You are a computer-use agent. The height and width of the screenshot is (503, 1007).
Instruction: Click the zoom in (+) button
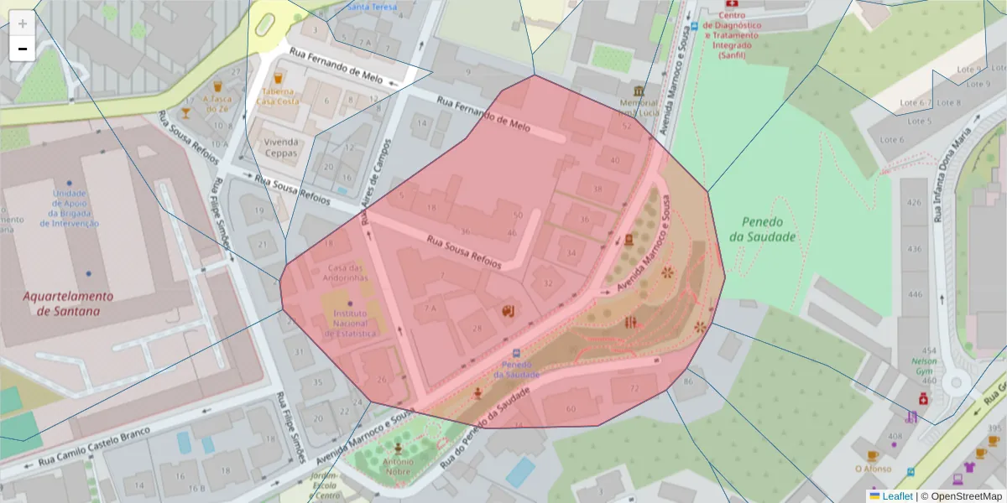(23, 23)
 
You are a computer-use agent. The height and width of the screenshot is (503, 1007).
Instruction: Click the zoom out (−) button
(23, 49)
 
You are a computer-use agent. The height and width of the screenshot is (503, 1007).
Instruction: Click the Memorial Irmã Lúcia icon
(639, 91)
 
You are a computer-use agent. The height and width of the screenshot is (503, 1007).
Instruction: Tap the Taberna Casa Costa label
(278, 96)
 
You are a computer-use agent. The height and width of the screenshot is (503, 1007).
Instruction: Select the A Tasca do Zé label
(216, 103)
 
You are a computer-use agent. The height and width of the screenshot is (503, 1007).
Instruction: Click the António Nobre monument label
(398, 466)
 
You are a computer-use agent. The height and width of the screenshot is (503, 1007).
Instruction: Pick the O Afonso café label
(872, 469)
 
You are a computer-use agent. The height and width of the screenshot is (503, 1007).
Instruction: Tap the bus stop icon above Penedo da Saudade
(515, 353)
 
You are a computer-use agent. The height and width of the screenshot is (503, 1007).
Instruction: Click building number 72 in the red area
(634, 388)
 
